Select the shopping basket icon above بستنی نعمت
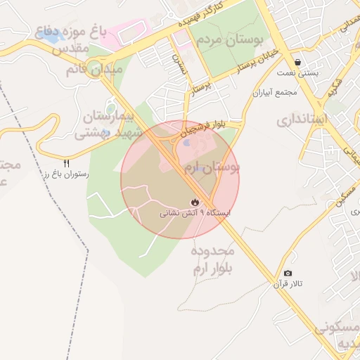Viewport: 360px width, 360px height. click(300, 62)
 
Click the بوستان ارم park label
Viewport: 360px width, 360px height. click(212, 167)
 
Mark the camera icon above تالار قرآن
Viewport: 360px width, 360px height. click(288, 273)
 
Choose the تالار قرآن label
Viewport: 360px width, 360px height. click(288, 284)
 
